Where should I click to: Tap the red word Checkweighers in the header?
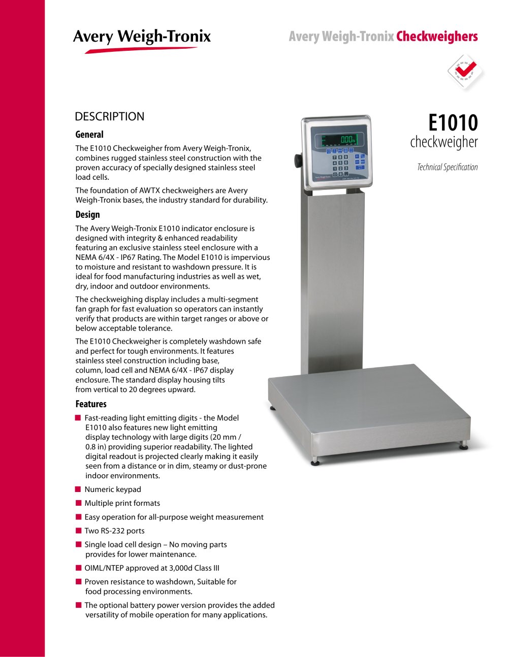click(437, 37)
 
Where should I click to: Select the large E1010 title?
click(453, 123)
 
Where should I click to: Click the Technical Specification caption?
click(447, 167)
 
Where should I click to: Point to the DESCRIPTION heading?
click(109, 116)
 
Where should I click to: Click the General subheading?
click(89, 135)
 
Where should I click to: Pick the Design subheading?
click(87, 215)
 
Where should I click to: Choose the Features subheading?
click(91, 404)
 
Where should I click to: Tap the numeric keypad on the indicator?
click(340, 165)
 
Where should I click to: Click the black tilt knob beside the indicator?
click(298, 160)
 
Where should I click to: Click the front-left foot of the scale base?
click(316, 462)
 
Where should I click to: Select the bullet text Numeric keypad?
click(113, 489)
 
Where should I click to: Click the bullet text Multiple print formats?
click(122, 503)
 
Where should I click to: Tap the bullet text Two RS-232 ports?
click(114, 531)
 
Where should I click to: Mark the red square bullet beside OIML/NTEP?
click(78, 568)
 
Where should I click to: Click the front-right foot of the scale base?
click(463, 446)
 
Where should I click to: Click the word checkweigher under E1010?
click(444, 142)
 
